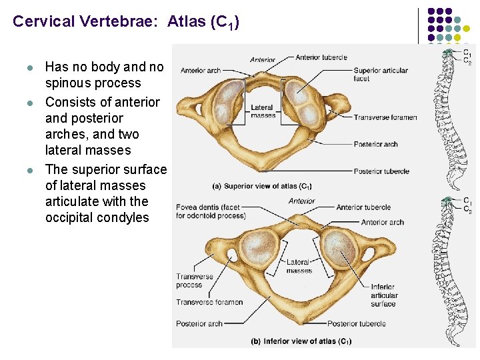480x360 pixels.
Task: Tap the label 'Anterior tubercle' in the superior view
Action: [321, 57]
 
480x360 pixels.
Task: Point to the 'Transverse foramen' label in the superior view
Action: [385, 117]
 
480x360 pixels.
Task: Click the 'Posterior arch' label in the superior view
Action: [376, 144]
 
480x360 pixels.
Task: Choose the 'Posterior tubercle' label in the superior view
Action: [381, 171]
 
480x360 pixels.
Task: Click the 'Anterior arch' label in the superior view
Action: [201, 70]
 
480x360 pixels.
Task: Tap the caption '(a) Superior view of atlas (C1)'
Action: [261, 186]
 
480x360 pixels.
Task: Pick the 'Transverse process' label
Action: [194, 281]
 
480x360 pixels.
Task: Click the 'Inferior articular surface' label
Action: [384, 295]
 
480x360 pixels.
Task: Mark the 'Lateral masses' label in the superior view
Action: [262, 111]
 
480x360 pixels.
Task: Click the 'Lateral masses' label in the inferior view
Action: [299, 267]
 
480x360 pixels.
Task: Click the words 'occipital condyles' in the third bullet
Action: [97, 217]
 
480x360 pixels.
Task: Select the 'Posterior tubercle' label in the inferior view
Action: [357, 324]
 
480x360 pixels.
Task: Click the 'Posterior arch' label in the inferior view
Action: [199, 324]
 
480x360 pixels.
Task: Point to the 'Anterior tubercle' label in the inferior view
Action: [363, 207]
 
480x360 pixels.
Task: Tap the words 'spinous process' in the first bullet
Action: [93, 83]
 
